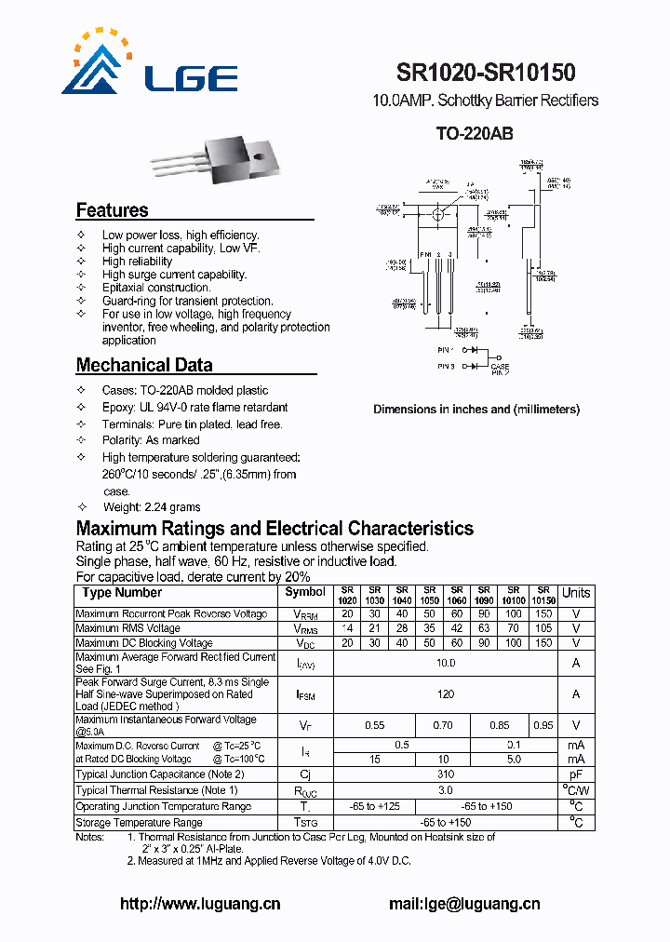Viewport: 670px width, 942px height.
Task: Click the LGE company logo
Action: tap(149, 63)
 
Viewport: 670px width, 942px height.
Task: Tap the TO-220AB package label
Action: tap(475, 133)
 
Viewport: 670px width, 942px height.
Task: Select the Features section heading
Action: tap(112, 210)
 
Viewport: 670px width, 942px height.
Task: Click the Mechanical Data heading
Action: tap(144, 365)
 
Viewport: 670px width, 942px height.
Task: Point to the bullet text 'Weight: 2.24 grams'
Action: tap(151, 507)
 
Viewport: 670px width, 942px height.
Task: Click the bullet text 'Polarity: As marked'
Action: tap(151, 440)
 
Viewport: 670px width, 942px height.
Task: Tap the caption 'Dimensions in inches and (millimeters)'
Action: tap(476, 410)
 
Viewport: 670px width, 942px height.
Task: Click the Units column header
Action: tap(576, 593)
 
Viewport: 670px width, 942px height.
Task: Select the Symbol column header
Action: tap(305, 592)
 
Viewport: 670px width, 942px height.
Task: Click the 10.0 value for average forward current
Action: tap(446, 663)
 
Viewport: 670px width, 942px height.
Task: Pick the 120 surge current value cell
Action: tap(446, 694)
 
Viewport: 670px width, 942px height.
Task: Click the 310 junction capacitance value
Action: tap(446, 774)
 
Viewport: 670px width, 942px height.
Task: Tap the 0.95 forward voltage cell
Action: tap(543, 725)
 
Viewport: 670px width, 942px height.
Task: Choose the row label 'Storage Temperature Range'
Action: tap(139, 823)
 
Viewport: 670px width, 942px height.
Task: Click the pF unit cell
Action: tap(576, 774)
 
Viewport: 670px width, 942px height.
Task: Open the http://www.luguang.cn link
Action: tap(200, 904)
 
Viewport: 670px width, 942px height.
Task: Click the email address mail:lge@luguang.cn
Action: tap(464, 904)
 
